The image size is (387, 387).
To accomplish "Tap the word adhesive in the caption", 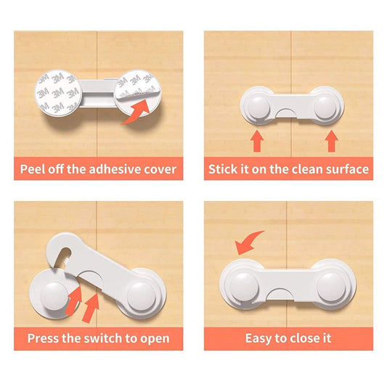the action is click(x=114, y=169).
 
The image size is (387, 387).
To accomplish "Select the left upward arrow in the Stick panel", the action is click(x=257, y=141).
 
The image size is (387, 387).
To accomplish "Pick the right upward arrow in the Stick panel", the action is click(x=332, y=141).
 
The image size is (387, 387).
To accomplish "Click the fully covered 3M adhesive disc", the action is click(x=58, y=93).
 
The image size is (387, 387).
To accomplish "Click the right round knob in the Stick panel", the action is click(x=325, y=107).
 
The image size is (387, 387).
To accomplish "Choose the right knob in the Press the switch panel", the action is click(x=141, y=296).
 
